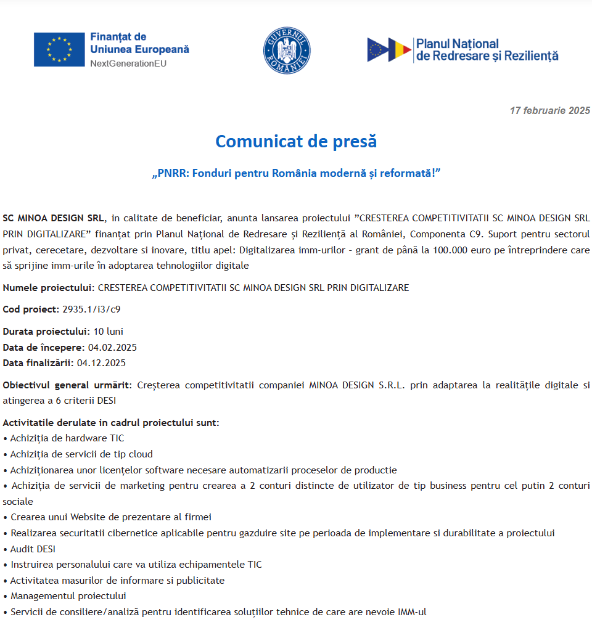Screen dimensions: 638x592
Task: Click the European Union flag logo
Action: tap(59, 49)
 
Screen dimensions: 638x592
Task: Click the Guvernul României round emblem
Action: tap(287, 51)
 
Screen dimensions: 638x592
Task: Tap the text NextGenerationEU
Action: tap(128, 63)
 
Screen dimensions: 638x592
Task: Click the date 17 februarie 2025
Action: tap(549, 111)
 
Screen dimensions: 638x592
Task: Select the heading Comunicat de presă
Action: tap(296, 142)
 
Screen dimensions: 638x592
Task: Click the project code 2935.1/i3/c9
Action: tap(87, 309)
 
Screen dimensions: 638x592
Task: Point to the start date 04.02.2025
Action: tap(112, 347)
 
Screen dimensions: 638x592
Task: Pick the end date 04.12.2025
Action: tap(101, 362)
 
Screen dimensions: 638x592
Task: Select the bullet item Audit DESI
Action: tap(33, 549)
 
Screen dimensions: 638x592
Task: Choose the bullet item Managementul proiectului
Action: tap(68, 596)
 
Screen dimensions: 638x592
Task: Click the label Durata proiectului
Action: tap(46, 332)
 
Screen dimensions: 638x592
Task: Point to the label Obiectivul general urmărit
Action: tap(67, 385)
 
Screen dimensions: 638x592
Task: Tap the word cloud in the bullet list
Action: tap(140, 454)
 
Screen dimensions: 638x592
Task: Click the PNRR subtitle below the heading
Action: tap(296, 173)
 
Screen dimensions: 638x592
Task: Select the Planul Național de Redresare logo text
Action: tap(487, 50)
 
